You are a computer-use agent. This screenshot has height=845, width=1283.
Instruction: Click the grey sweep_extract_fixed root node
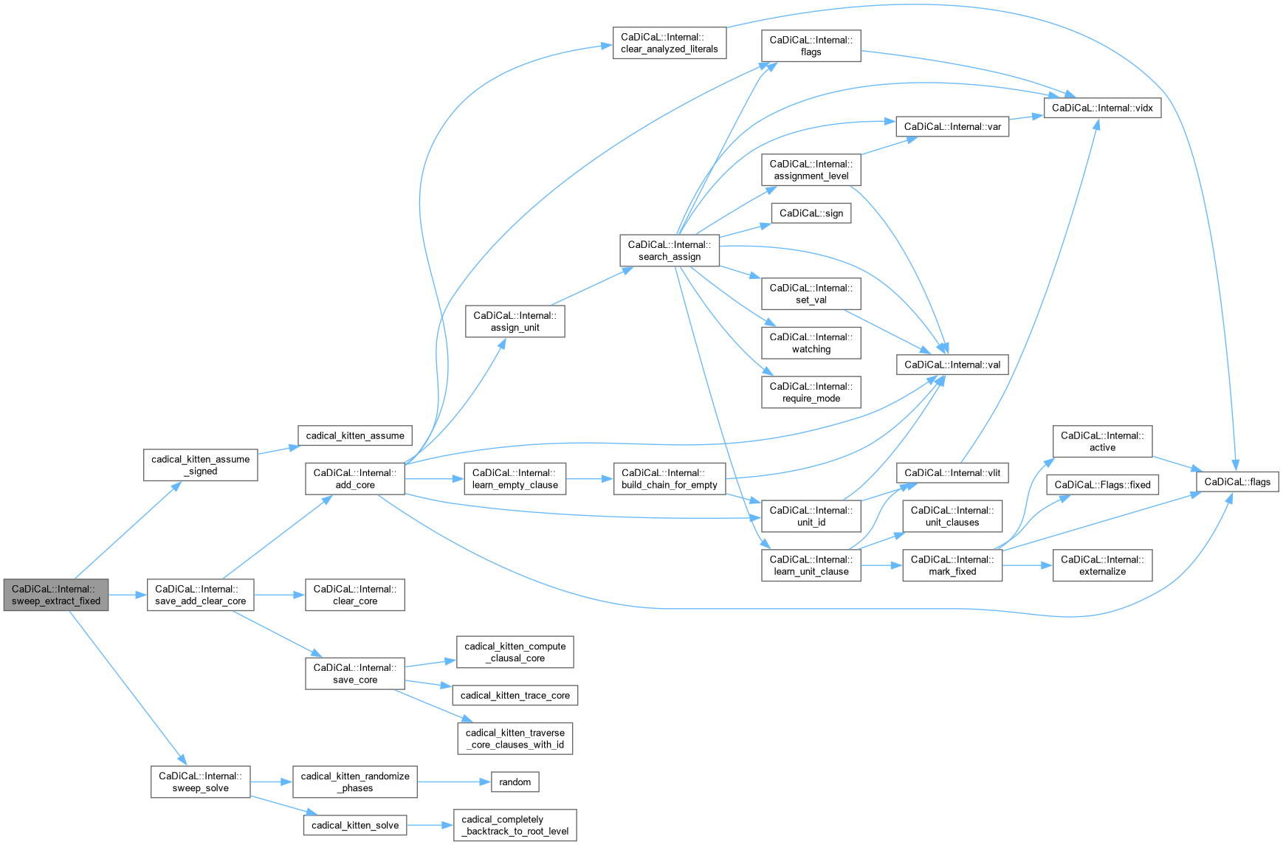tap(56, 595)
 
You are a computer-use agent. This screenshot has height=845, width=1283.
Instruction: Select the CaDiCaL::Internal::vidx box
tap(1102, 108)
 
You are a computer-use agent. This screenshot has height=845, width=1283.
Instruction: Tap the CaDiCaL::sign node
tap(811, 213)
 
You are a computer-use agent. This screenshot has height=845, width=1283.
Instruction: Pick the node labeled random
tap(515, 782)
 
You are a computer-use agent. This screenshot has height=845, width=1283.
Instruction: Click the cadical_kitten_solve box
tap(354, 825)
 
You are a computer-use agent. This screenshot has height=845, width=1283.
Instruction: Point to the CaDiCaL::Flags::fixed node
tap(1102, 485)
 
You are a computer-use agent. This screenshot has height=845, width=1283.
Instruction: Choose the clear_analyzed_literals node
tap(669, 43)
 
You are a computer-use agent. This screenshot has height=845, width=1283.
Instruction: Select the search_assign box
tap(669, 251)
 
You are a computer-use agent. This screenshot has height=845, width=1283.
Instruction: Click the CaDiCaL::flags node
tap(1237, 482)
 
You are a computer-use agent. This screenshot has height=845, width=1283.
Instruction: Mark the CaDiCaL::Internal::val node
tap(952, 365)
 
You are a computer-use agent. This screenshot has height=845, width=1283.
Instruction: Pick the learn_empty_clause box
tap(515, 479)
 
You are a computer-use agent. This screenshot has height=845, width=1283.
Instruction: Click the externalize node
tap(1102, 565)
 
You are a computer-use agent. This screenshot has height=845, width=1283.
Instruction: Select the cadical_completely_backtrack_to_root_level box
tap(515, 825)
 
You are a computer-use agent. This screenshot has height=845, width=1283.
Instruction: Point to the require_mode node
tap(811, 393)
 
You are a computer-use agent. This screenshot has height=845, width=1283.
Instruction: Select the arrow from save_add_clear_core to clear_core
tap(279, 595)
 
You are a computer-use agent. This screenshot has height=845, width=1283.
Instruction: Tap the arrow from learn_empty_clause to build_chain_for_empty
tap(589, 479)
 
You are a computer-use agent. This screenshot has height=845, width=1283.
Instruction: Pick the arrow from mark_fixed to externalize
tap(1027, 565)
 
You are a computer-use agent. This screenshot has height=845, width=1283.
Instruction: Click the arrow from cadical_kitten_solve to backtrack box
tap(430, 825)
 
